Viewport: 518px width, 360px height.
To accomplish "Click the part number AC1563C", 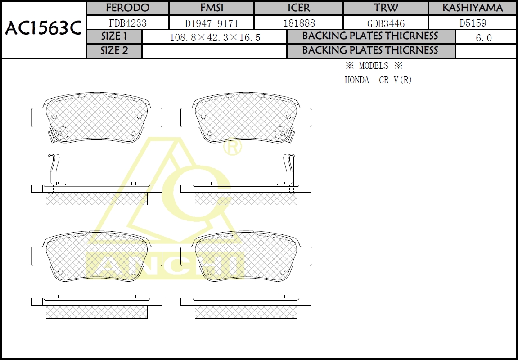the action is (43, 29).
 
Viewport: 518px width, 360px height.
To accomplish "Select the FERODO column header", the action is (127, 8).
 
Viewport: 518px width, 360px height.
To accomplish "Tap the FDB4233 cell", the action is (127, 23).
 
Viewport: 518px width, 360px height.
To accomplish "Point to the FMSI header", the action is (212, 8).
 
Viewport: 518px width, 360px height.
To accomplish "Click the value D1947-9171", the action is (212, 23).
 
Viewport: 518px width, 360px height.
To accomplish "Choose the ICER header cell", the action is (299, 8).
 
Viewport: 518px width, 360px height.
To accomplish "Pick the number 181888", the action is (299, 23).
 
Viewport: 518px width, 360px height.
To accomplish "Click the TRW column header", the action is (386, 8).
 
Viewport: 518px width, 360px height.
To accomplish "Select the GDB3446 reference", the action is (386, 23).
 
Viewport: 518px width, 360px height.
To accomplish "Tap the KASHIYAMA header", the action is (473, 8).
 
